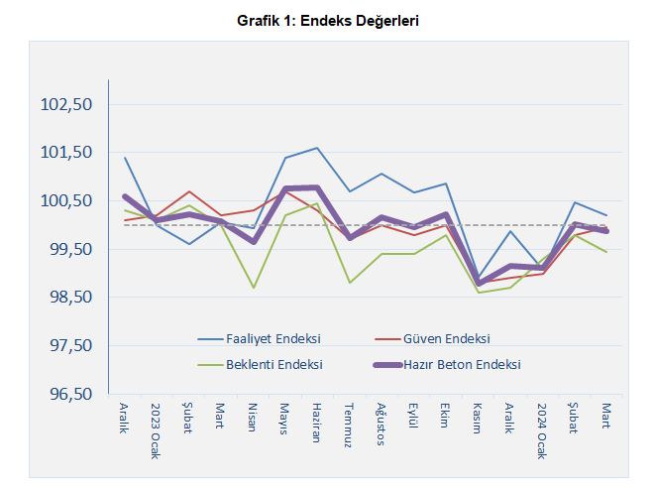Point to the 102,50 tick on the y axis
[64, 104]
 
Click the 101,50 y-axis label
[64, 153]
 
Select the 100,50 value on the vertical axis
[64, 200]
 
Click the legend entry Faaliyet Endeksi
[273, 338]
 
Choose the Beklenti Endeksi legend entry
[273, 364]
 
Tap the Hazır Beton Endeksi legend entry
[462, 364]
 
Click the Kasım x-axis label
[478, 419]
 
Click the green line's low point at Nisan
[254, 288]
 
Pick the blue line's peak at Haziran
[317, 148]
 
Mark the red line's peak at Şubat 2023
[189, 191]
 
